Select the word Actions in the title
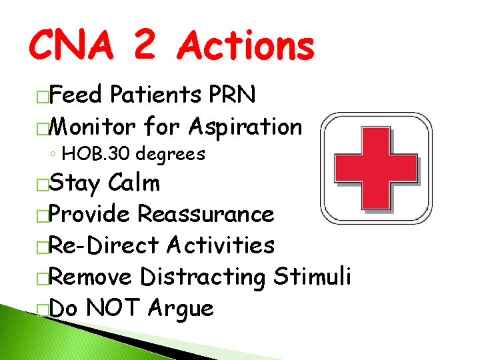[x=247, y=47]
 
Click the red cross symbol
[x=375, y=168]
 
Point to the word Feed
[x=75, y=95]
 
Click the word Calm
[x=133, y=183]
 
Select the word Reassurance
[x=205, y=214]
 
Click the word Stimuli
[x=312, y=277]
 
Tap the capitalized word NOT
[x=113, y=308]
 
